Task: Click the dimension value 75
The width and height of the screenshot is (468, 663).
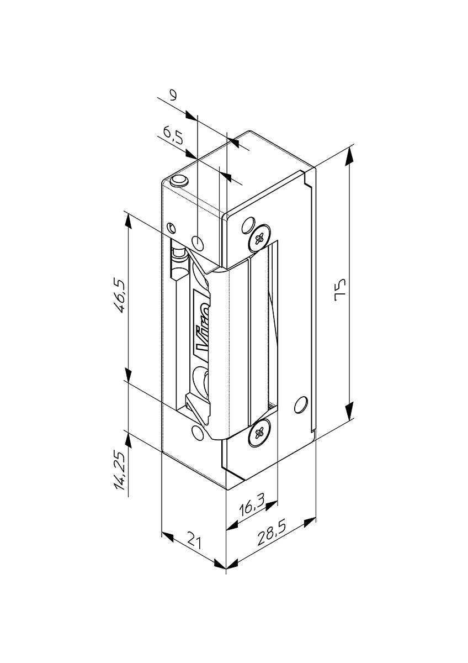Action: pyautogui.click(x=341, y=290)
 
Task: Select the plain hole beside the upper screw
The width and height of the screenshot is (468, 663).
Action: pyautogui.click(x=248, y=225)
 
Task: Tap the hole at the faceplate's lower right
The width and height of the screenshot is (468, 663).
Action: pyautogui.click(x=301, y=404)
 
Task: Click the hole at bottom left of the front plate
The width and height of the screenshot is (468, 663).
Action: pyautogui.click(x=197, y=433)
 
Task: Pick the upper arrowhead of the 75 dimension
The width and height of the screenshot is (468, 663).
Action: pyautogui.click(x=349, y=156)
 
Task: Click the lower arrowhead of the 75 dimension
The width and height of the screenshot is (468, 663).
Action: pyautogui.click(x=349, y=410)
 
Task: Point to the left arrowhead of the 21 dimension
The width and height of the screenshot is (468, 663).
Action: pyautogui.click(x=168, y=536)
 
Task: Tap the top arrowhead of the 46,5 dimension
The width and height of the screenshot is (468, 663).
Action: pyautogui.click(x=127, y=220)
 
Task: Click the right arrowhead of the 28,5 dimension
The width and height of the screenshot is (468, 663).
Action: pyautogui.click(x=310, y=523)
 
